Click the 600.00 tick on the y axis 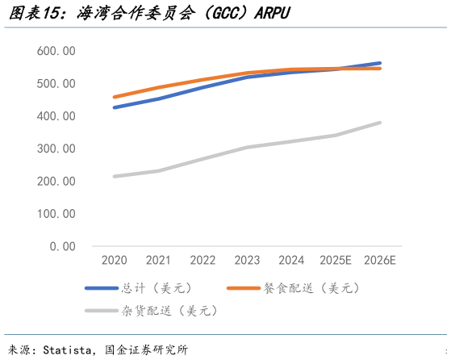click(56, 51)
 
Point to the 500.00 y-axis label click(56, 84)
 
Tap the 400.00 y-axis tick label click(56, 116)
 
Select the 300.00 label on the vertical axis click(56, 149)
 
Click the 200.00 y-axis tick click(56, 182)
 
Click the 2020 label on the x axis click(114, 261)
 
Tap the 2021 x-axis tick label click(158, 261)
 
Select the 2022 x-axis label click(202, 261)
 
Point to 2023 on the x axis click(246, 261)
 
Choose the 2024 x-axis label click(290, 261)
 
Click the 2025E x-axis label click(335, 261)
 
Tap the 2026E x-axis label click(380, 261)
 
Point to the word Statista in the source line click(69, 350)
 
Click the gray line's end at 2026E click(380, 123)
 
